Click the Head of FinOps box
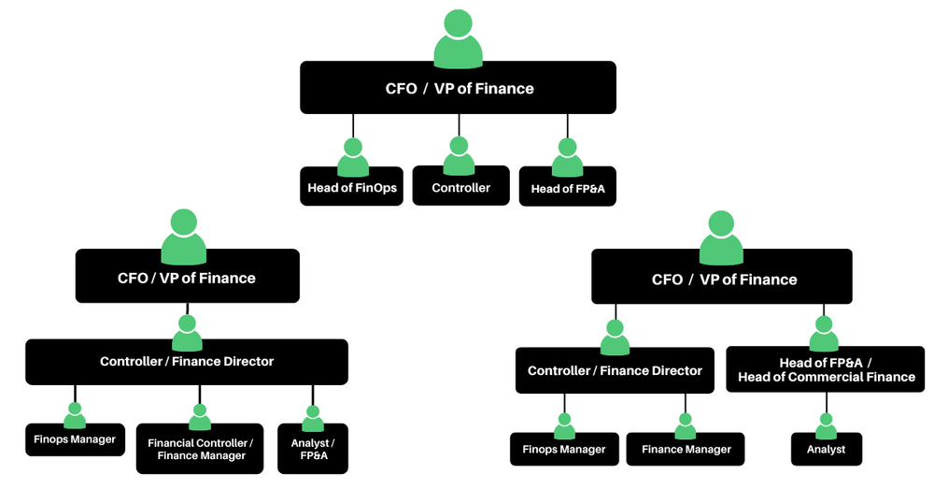click(x=352, y=188)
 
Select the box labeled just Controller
click(x=460, y=187)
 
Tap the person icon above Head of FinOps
click(x=352, y=158)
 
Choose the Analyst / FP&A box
click(x=313, y=449)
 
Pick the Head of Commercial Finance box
click(x=826, y=370)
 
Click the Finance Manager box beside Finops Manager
click(x=686, y=449)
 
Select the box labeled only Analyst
click(x=826, y=449)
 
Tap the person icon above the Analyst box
click(x=826, y=426)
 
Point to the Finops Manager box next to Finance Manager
click(x=564, y=449)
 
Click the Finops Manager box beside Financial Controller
click(x=75, y=439)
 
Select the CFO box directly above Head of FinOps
click(x=458, y=89)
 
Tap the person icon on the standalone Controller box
click(x=459, y=156)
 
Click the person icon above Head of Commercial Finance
click(x=824, y=334)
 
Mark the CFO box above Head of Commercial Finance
click(x=721, y=278)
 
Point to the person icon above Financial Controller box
click(x=200, y=416)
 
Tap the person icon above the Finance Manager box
click(x=686, y=426)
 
